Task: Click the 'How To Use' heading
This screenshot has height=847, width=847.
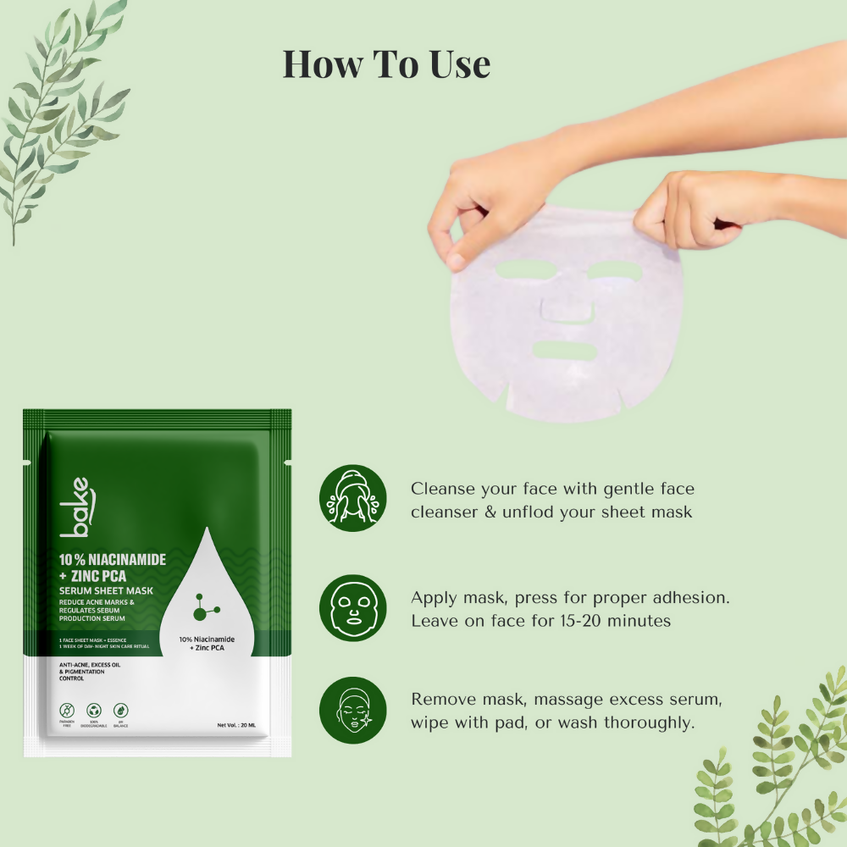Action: (x=386, y=65)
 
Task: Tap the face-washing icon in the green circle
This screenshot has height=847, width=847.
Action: (x=352, y=498)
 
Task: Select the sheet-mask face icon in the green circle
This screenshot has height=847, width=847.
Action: (x=352, y=607)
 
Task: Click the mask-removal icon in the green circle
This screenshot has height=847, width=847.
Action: (x=352, y=710)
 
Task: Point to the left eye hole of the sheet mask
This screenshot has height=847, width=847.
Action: (x=521, y=271)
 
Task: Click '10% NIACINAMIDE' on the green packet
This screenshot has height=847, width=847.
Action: (x=113, y=560)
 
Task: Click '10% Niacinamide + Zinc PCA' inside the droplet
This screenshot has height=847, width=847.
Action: (x=207, y=642)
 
